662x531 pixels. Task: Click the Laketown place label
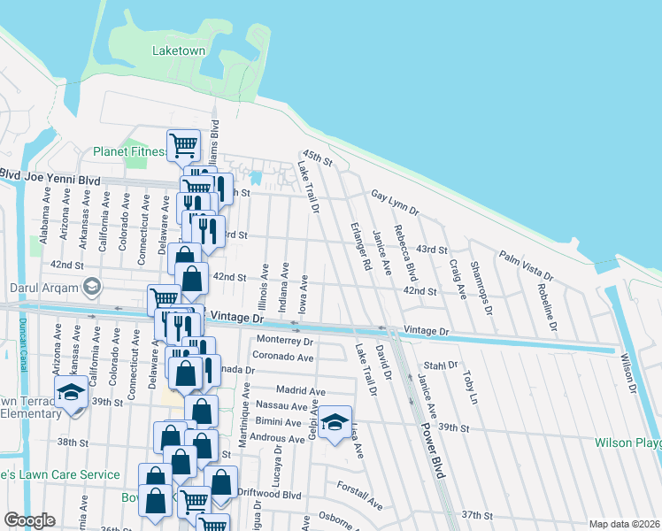coord(178,50)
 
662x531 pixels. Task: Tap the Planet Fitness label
coord(129,151)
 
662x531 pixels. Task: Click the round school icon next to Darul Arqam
coord(91,286)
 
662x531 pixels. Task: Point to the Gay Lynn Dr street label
coord(394,201)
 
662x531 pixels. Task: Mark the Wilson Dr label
coord(627,373)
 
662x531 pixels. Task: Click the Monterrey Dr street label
coord(285,341)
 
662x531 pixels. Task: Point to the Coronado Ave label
coord(285,358)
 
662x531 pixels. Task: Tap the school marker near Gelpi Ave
coord(335,423)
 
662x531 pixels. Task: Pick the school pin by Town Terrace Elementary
coord(72,393)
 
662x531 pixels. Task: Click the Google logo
coord(29,520)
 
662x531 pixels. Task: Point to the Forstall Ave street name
coord(359,495)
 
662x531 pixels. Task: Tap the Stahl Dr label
coord(440,365)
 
